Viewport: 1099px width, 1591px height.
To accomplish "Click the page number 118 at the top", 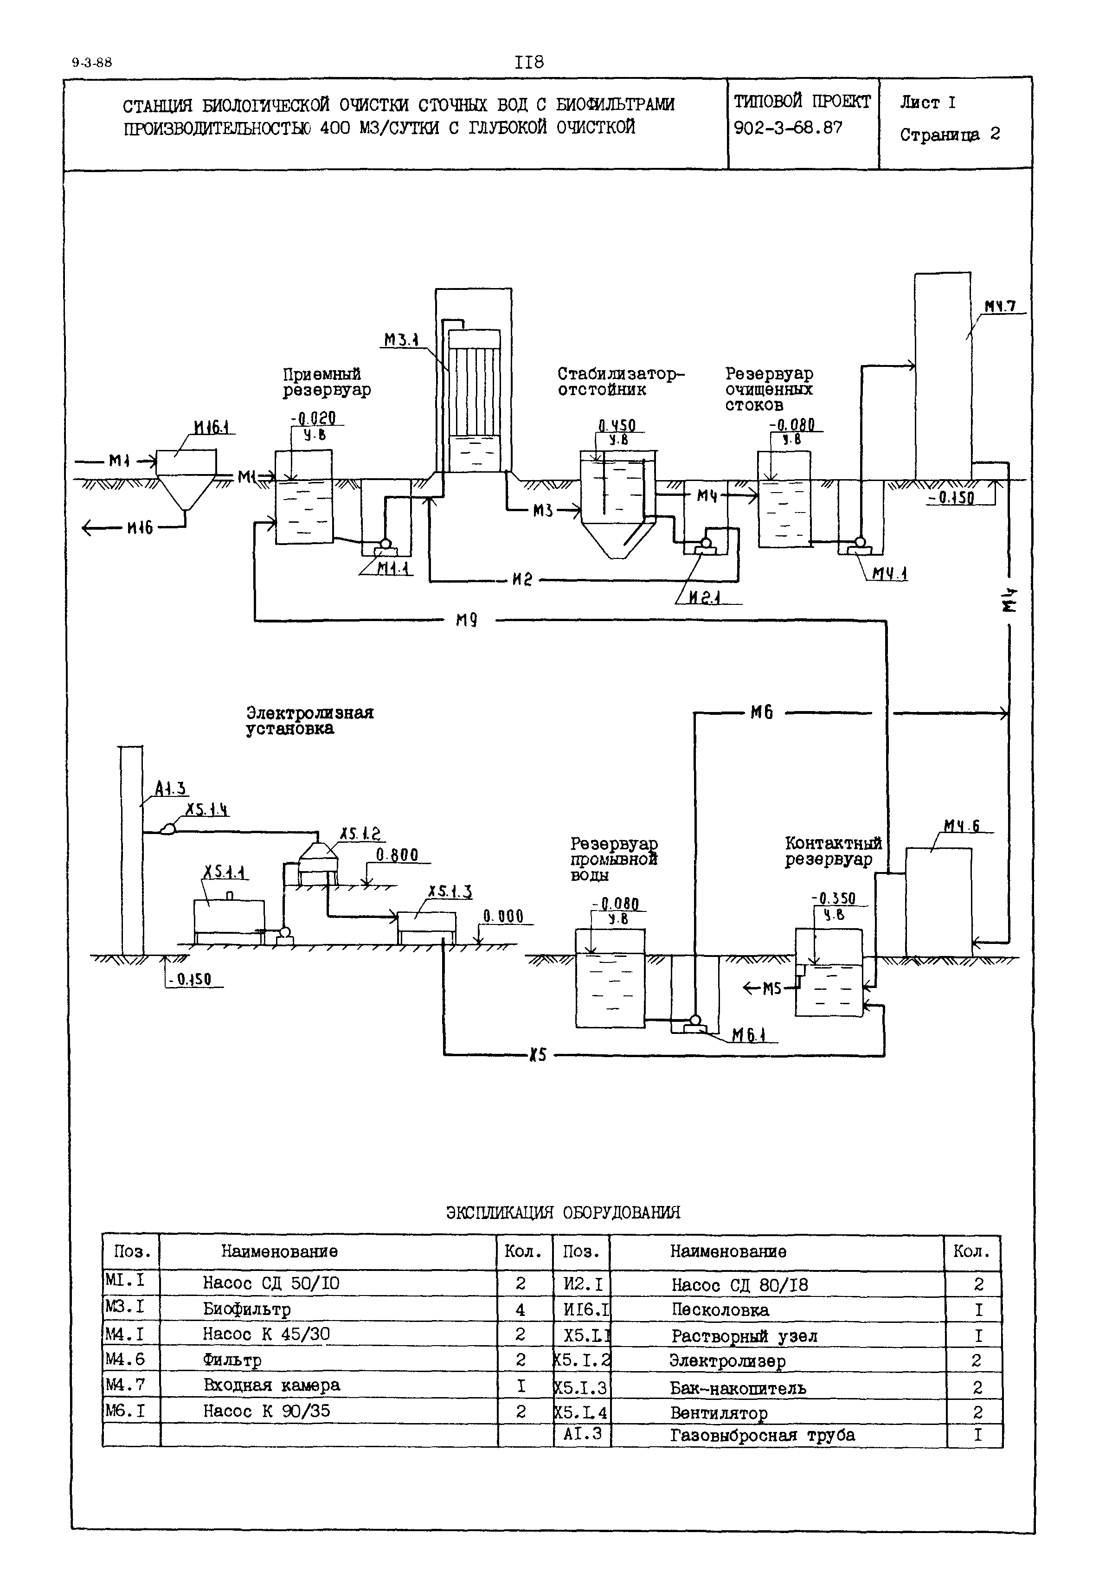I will (529, 63).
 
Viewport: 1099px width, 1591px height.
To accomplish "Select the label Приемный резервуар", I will (327, 382).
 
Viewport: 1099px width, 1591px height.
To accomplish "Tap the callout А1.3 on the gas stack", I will (170, 789).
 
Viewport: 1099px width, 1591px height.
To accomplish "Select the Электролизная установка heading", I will (310, 720).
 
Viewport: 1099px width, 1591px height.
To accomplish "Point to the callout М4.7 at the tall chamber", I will (1000, 306).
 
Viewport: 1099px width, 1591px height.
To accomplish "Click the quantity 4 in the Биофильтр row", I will (520, 1309).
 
